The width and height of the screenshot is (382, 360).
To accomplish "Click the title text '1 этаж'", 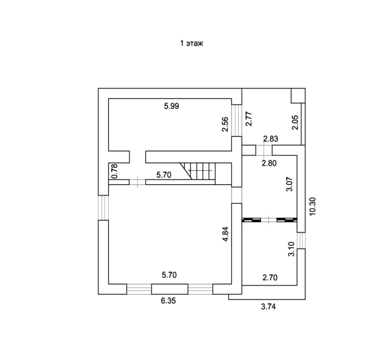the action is pos(192,43).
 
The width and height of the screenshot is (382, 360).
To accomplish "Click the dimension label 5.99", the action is pos(172,106).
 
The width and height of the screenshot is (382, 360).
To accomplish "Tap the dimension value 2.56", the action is pos(225,124).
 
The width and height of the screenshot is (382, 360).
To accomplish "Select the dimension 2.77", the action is pos(249,119).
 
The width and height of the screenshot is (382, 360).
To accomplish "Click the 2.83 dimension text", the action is pos(271,139).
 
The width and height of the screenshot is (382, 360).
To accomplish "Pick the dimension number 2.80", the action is pos(269,163).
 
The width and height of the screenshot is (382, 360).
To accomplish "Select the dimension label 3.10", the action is pos(291,249).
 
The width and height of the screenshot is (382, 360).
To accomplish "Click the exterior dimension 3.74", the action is pos(268,306).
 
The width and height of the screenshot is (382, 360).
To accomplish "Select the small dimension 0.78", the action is pos(114,171).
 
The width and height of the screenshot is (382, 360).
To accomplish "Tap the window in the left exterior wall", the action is pos(103,208).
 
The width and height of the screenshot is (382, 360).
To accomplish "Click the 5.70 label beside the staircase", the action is pos(164,175).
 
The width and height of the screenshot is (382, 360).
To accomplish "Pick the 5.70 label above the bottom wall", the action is pos(169,274).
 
